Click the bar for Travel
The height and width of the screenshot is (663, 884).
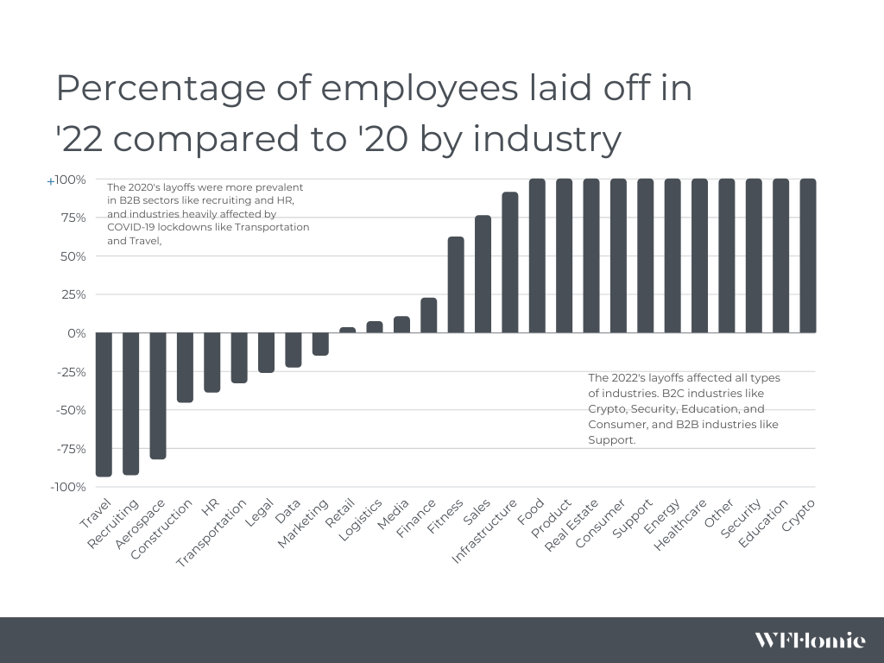coord(104,404)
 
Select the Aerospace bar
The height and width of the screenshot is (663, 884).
coord(158,395)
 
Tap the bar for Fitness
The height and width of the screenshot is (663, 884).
coord(456,285)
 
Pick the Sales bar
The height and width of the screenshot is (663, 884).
coord(483,275)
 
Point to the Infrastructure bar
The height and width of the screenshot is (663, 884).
coord(510,262)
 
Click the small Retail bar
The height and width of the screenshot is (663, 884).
coord(347,330)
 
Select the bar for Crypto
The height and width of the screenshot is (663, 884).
coord(808,256)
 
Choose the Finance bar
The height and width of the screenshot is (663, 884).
coord(428,315)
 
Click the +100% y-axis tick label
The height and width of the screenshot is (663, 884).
coord(66,180)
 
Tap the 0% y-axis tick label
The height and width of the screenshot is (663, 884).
coord(76,333)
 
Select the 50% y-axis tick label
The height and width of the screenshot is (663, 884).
coord(73,256)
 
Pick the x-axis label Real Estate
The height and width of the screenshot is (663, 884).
coord(571,525)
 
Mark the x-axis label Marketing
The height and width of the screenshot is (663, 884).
coord(304,523)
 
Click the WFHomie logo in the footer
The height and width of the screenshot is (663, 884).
coord(809,640)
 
